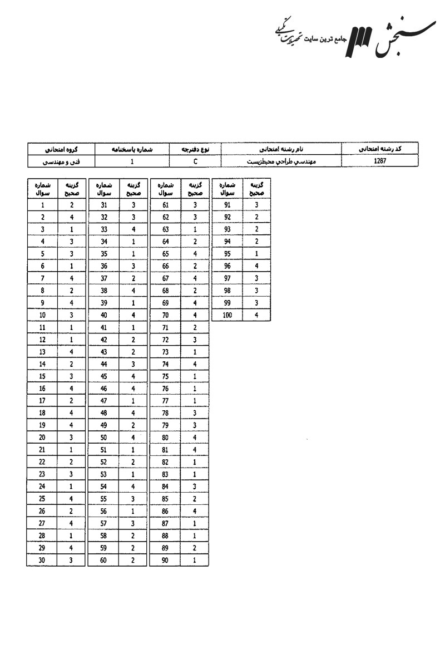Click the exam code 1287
pos(380,161)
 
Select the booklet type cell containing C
pos(195,161)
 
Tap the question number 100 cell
pos(226,315)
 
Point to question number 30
pos(42,561)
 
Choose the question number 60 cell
pos(103,561)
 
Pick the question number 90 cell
pos(165,561)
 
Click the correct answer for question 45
pos(133,377)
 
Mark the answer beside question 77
pos(195,401)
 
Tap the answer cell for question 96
pos(256,266)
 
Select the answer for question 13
pos(71,352)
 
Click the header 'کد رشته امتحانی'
pos(380,149)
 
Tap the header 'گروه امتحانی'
pos(61,149)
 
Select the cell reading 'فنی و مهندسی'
pos(61,161)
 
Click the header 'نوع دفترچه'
pos(195,149)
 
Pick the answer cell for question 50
pos(133,438)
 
